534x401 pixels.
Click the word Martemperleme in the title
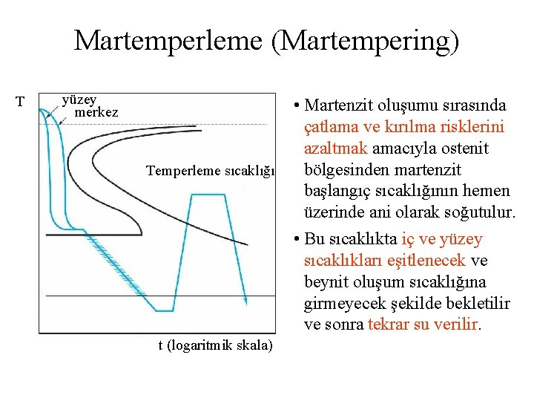pyautogui.click(x=168, y=40)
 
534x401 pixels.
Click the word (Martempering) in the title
pyautogui.click(x=364, y=42)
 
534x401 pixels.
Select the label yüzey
pyautogui.click(x=79, y=100)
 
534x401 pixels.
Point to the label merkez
pyautogui.click(x=96, y=112)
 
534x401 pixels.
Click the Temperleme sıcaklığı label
pyautogui.click(x=211, y=171)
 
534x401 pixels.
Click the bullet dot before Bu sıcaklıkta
pyautogui.click(x=295, y=239)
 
